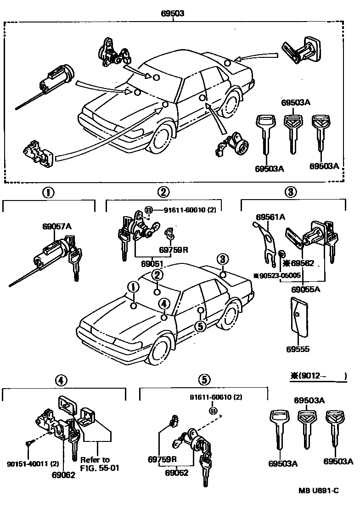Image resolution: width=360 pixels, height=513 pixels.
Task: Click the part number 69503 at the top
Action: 173,14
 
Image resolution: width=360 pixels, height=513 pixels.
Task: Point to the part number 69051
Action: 152,264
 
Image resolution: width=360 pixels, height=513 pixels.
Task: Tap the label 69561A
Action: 270,216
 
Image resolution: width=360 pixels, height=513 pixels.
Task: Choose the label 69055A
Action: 306,289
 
